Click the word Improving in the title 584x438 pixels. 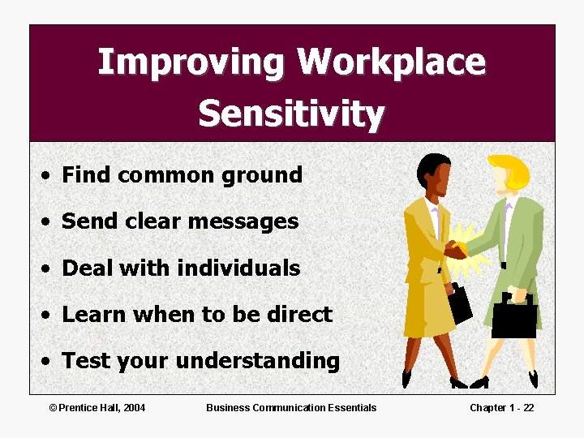click(191, 62)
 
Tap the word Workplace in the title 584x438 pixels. click(391, 62)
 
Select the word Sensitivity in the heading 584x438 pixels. click(291, 114)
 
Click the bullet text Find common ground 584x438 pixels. click(182, 174)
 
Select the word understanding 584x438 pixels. click(257, 361)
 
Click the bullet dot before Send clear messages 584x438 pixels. click(50, 222)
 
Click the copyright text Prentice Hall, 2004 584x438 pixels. click(97, 407)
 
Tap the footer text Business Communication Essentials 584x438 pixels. click(291, 407)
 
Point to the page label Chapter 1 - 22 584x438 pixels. click(501, 407)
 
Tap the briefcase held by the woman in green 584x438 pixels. click(513, 317)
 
